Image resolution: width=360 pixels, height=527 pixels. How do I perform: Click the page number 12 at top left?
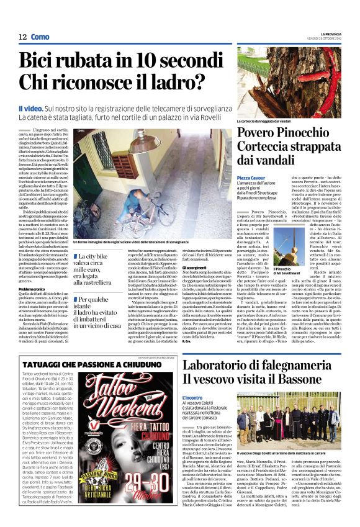(x=22, y=37)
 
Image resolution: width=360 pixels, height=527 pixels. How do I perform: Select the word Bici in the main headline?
(x=41, y=62)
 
